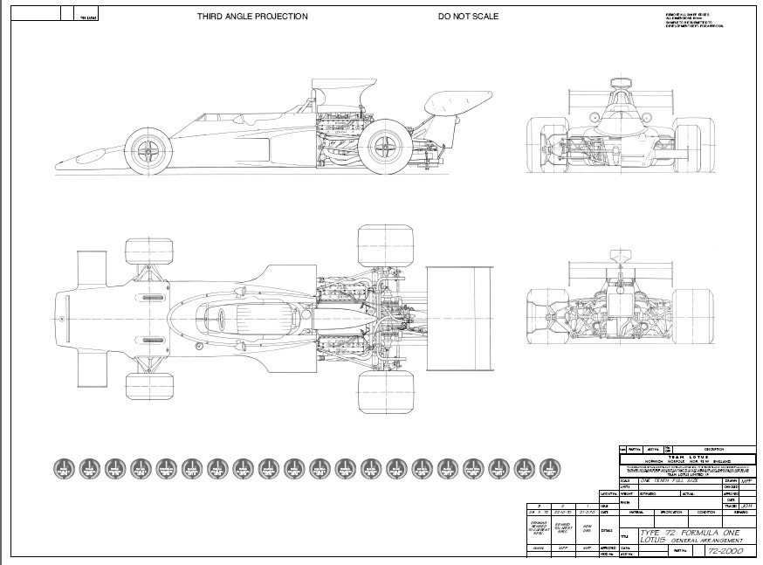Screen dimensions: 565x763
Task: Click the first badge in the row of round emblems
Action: coord(63,469)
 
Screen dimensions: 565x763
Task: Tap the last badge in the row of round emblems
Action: coord(548,469)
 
